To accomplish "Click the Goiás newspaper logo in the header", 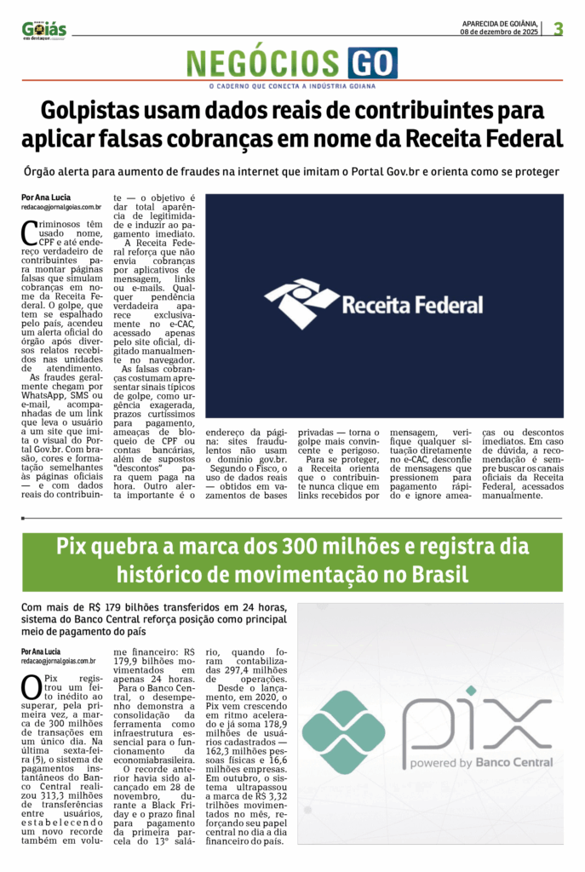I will click(x=43, y=30).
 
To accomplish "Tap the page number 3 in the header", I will click(x=558, y=28).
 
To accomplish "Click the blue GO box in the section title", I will click(x=372, y=63).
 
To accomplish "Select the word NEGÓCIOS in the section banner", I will click(x=263, y=64).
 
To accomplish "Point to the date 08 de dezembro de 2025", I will click(x=501, y=32).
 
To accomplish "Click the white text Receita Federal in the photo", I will click(x=412, y=305).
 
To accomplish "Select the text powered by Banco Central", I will click(x=480, y=763).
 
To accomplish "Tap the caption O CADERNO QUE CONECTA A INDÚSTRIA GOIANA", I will click(x=292, y=86).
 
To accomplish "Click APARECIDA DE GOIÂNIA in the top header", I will click(x=501, y=23).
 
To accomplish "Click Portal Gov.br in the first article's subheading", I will click(x=381, y=171).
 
